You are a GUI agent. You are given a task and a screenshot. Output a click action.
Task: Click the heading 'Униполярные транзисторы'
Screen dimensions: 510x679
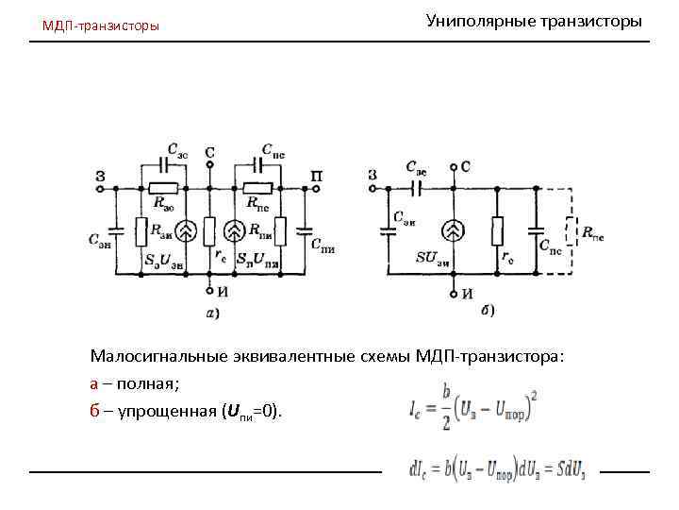coord(534,20)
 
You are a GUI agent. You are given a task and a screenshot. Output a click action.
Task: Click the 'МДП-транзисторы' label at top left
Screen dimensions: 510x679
coord(101,25)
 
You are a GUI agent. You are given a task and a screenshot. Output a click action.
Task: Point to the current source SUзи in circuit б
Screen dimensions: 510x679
coord(455,229)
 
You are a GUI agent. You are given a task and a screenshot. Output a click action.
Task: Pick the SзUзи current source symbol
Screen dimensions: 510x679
coord(186,229)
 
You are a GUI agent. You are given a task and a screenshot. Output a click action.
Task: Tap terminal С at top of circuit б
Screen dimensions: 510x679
coord(467,167)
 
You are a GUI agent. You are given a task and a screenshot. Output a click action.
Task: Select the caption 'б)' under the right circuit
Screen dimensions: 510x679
coord(486,309)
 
